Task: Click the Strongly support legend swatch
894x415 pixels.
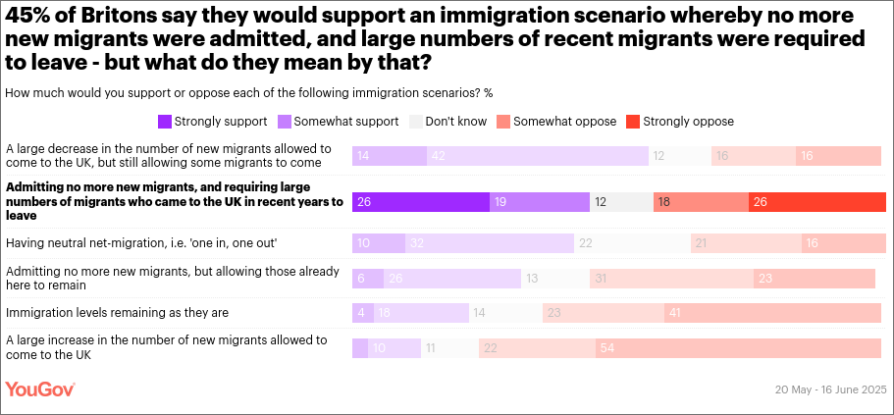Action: (165, 122)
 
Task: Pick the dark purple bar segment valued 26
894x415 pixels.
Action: (420, 201)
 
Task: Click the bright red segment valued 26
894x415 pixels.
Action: (816, 201)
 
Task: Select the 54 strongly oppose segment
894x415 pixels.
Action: (738, 348)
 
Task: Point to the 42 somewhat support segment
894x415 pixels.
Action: (538, 156)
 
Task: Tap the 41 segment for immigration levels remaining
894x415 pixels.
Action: (772, 313)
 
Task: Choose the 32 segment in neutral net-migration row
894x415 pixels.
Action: (490, 243)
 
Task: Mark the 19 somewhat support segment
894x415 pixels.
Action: (540, 201)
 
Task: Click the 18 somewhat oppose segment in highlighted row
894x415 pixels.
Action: (701, 201)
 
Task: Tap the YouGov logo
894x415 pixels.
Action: (40, 389)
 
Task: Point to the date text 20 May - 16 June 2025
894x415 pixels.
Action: (830, 390)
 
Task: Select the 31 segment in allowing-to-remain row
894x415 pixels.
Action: (671, 279)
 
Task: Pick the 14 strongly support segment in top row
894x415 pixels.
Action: (390, 156)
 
